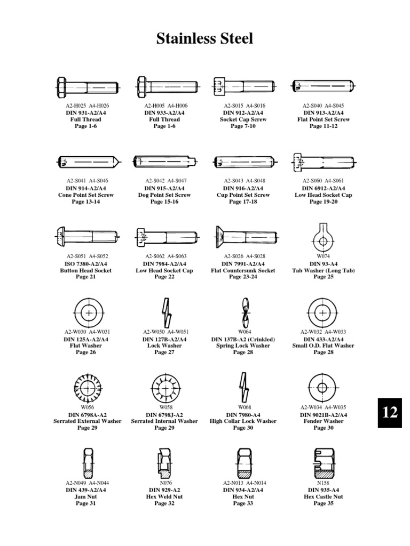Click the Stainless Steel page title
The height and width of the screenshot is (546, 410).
(x=204, y=38)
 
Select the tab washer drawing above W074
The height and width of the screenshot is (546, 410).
(x=323, y=237)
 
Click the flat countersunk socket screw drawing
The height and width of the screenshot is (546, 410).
(x=245, y=235)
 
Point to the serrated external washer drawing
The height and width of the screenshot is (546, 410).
(x=87, y=388)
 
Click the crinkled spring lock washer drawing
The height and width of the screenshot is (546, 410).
(x=244, y=311)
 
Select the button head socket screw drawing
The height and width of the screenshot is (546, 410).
(x=87, y=235)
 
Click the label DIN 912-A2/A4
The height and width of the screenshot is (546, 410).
(x=243, y=113)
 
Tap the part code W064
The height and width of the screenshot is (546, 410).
(x=244, y=332)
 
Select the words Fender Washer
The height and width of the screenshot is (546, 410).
(x=323, y=421)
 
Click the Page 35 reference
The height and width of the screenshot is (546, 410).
(x=323, y=503)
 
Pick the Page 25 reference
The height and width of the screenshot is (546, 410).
(x=323, y=277)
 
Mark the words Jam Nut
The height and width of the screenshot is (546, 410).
(x=85, y=496)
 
